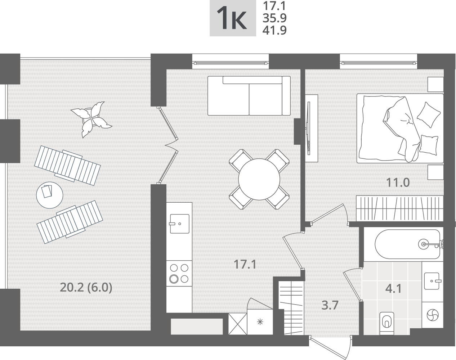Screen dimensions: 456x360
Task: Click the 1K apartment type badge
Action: coord(233,18)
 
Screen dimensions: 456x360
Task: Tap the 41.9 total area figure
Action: coord(274,30)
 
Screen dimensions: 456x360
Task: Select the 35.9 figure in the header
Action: coord(274,18)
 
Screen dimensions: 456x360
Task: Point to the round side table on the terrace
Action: coord(50,195)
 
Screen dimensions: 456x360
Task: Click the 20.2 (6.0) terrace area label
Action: coord(86,288)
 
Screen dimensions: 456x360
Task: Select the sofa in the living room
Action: coord(249,96)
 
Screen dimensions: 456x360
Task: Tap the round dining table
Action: coord(259,179)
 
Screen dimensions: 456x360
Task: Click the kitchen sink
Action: coord(180,224)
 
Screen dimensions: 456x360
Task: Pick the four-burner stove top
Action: coord(179,273)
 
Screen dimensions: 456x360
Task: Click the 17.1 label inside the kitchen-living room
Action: coord(245,265)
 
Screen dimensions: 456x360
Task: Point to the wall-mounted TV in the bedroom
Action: coord(309,128)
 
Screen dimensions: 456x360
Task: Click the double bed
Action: coord(400,129)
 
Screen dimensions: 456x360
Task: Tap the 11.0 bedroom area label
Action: coord(398,183)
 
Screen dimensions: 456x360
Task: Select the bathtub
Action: coord(407,244)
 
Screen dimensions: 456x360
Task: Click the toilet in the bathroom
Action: coord(387,324)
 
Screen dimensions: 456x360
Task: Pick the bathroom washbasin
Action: coord(433,281)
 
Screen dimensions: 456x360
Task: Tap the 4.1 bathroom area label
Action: coord(393,288)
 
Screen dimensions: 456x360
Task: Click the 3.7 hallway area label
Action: coord(330,305)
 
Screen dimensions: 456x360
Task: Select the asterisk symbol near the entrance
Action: coord(260,322)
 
